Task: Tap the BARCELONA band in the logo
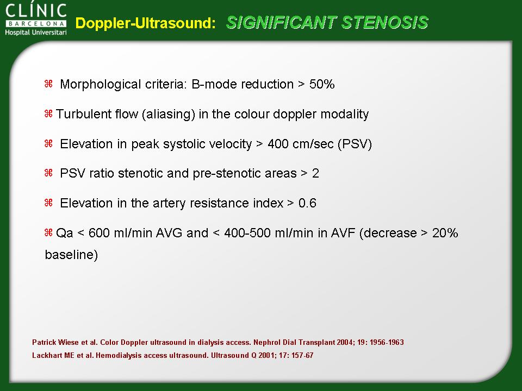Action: (36, 24)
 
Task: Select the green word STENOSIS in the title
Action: (384, 23)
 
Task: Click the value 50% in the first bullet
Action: (322, 84)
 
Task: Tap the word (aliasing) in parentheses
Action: (169, 115)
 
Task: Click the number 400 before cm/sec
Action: (278, 144)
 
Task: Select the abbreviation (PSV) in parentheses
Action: (355, 144)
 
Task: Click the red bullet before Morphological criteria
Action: (48, 84)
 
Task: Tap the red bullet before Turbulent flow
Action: (48, 113)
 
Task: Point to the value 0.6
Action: (307, 203)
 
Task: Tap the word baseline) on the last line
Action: (71, 255)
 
